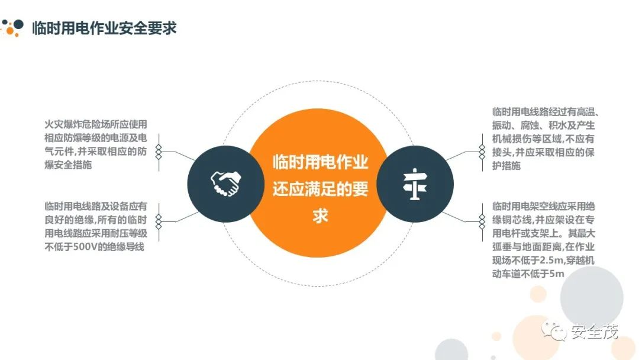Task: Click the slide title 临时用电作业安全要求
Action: click(x=104, y=27)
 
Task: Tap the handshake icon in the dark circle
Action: click(x=225, y=184)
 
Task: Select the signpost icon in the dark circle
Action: click(x=415, y=184)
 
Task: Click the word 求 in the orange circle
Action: click(x=320, y=216)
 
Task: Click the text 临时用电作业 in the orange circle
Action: click(x=320, y=162)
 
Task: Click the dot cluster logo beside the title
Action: click(x=13, y=27)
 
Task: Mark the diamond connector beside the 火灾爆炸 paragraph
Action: click(x=159, y=152)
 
